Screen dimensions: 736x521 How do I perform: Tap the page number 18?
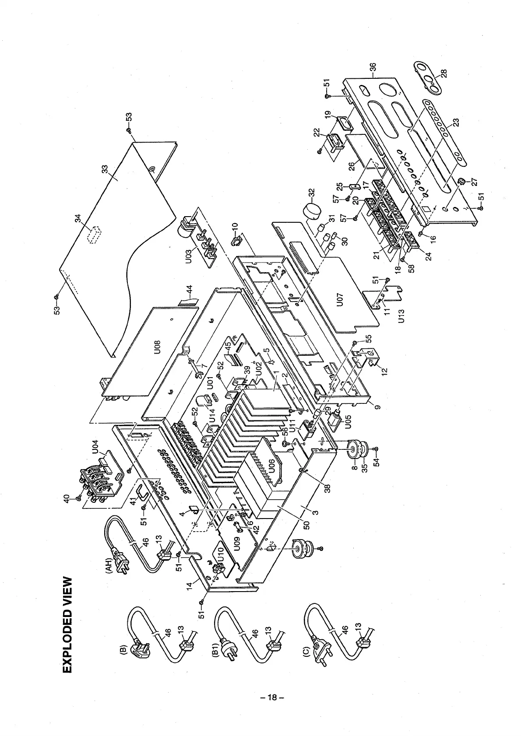click(x=272, y=697)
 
